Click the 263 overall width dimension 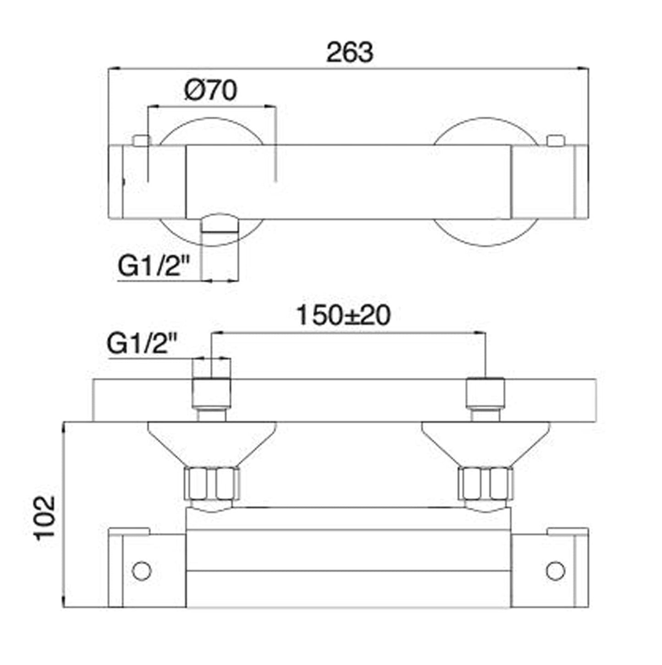(x=349, y=52)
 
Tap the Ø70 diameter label (x=211, y=90)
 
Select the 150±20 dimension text (x=343, y=315)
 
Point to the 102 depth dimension (x=45, y=518)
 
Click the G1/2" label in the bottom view (x=142, y=344)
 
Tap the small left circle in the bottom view (x=141, y=571)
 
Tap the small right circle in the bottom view (x=555, y=571)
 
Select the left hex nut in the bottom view (x=212, y=484)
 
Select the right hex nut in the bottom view (x=486, y=484)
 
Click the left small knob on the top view (x=141, y=140)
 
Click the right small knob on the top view (x=556, y=140)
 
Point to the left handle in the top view (x=147, y=182)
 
